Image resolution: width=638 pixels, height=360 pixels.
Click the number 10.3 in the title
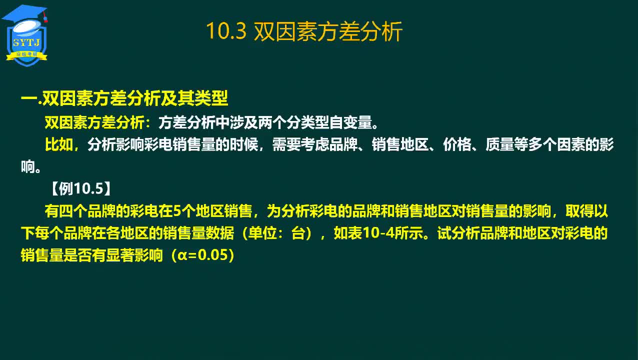coord(226,31)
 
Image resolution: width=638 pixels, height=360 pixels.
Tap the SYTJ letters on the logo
coord(26,42)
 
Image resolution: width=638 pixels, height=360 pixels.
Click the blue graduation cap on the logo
coord(24,14)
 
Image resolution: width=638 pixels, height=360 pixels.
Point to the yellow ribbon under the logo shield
coord(26,55)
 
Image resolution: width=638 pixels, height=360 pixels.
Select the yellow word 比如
coord(59,144)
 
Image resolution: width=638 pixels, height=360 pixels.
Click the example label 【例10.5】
coord(81,188)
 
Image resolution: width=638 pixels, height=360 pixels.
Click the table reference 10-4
coord(379,233)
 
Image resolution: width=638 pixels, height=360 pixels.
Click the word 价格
coord(457,144)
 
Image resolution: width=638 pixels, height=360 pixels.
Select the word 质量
coord(500,144)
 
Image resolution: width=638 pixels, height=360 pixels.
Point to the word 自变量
coord(350,122)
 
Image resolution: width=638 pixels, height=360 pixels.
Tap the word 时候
coord(244,144)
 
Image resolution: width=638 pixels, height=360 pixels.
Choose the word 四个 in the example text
coord(73,211)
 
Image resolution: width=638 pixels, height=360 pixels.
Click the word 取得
coord(580,211)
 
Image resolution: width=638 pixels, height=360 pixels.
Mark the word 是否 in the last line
coord(77,255)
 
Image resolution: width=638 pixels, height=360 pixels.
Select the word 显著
coord(120,255)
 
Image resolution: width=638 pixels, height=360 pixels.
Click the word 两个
coord(272,122)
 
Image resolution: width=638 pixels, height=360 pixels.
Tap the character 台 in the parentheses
coord(298,233)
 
